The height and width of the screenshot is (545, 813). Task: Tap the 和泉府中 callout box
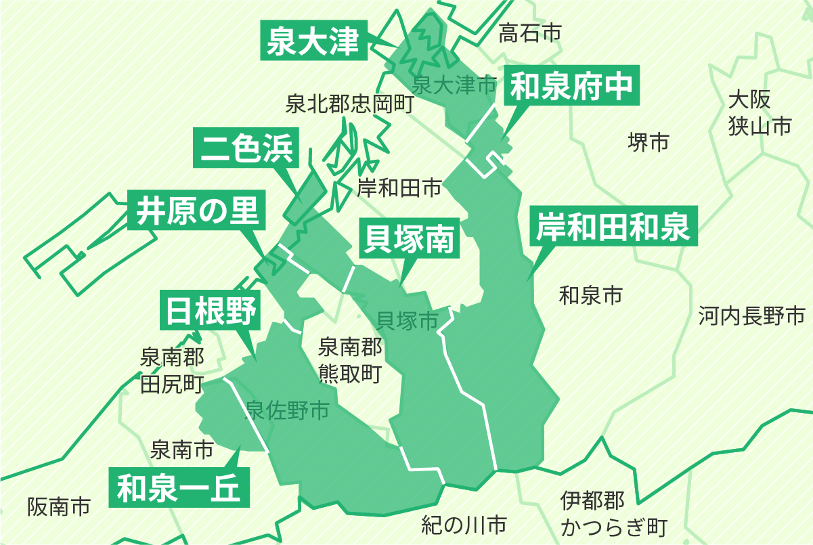tap(572, 86)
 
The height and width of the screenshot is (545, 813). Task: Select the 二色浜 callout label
tap(246, 148)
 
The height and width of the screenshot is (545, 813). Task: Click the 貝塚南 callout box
tap(409, 239)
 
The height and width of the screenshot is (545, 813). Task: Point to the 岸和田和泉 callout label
tap(613, 227)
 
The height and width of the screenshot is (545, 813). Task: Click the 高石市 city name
tap(530, 32)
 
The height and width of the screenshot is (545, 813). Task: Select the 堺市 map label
tap(648, 141)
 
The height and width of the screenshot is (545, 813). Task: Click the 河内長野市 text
tap(751, 315)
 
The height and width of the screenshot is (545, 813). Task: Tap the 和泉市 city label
tap(590, 295)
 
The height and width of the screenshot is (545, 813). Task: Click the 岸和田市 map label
tap(399, 187)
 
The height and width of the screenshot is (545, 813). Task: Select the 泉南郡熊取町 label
tap(350, 360)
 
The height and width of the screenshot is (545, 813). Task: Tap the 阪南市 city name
tap(59, 506)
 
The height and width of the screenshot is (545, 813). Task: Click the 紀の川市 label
tap(464, 523)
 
